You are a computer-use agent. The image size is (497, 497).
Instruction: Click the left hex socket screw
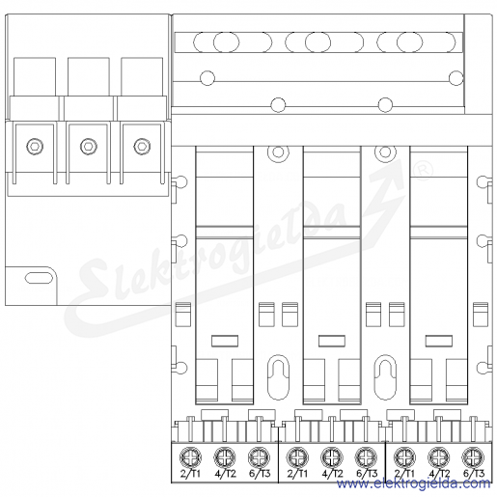click(x=35, y=146)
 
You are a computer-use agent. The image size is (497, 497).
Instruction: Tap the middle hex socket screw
click(x=89, y=146)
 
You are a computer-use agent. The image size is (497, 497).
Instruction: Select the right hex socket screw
click(x=142, y=146)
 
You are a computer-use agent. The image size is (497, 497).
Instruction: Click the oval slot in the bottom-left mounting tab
click(x=39, y=278)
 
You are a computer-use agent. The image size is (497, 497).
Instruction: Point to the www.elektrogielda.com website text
click(x=414, y=483)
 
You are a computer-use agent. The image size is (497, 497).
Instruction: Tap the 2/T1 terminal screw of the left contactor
click(x=191, y=456)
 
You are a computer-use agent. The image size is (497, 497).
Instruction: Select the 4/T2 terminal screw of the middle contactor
click(x=332, y=456)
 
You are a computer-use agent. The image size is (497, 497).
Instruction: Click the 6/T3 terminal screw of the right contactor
click(x=473, y=456)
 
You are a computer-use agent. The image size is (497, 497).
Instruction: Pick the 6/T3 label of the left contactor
click(x=260, y=474)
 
